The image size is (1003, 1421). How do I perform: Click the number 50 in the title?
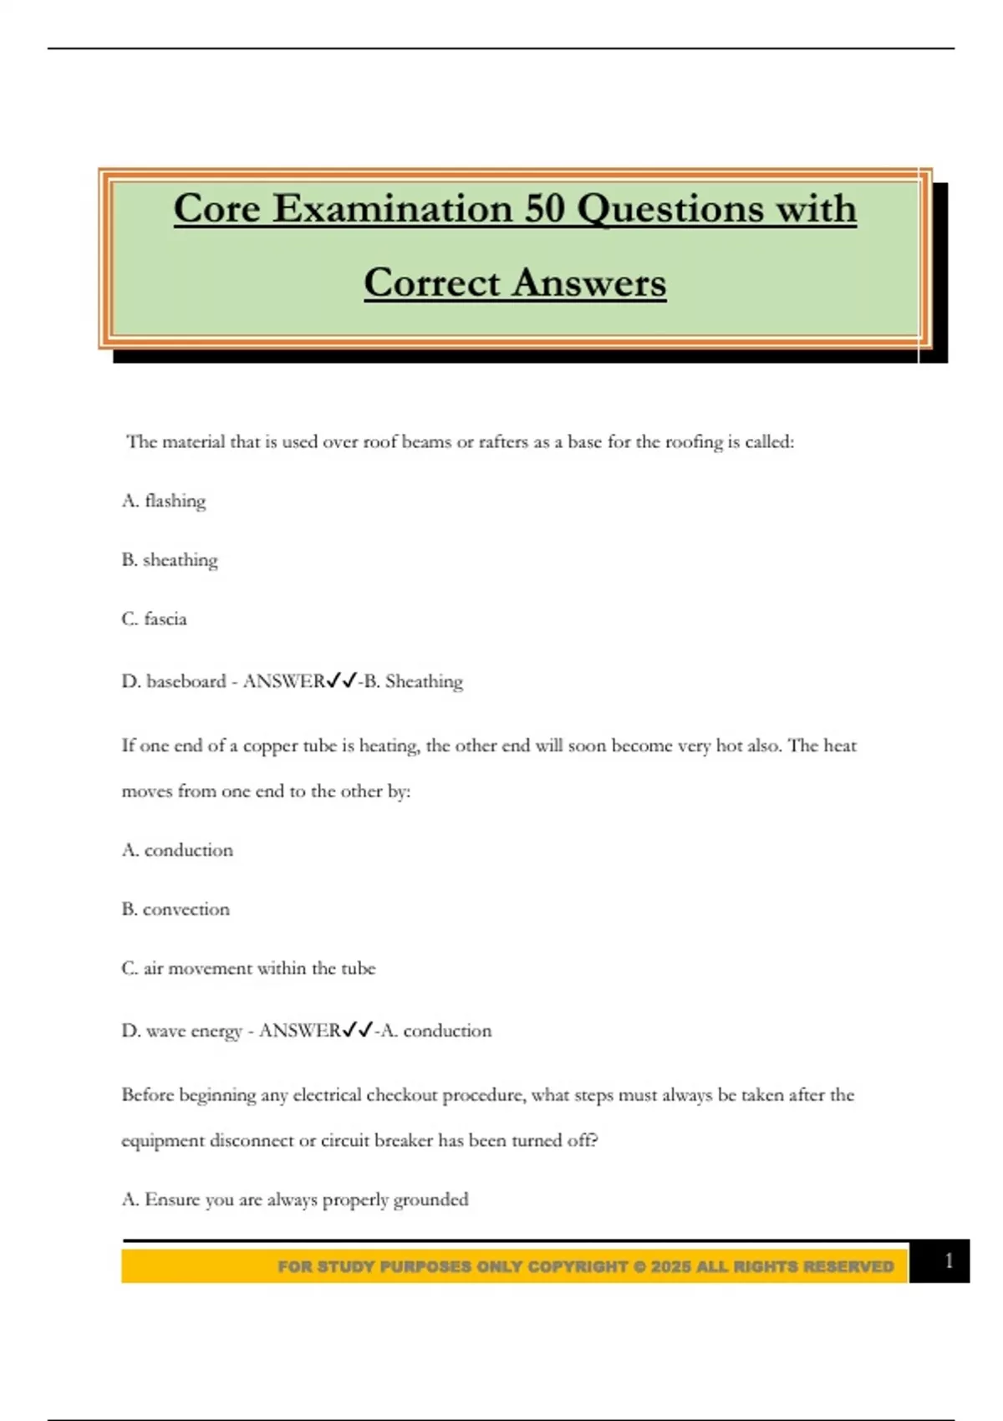click(546, 209)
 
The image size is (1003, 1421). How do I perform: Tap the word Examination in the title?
click(392, 209)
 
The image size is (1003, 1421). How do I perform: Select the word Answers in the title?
click(589, 283)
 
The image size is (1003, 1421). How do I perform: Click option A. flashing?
click(164, 501)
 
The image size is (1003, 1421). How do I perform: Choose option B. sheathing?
click(170, 560)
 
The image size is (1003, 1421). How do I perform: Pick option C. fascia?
click(155, 619)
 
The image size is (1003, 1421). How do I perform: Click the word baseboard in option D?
click(186, 681)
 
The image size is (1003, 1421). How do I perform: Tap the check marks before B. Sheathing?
click(343, 680)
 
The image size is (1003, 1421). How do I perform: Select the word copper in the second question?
click(270, 746)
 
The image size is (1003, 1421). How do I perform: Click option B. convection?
click(176, 909)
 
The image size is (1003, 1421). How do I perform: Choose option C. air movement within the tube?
click(248, 968)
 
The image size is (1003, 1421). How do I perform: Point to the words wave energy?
click(194, 1031)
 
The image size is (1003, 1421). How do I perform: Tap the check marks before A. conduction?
click(358, 1030)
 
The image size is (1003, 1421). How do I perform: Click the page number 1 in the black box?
click(949, 1261)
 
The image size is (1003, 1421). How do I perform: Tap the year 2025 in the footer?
click(671, 1267)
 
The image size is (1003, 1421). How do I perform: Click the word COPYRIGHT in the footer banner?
click(578, 1267)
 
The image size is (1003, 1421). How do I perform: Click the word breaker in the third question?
click(403, 1141)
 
